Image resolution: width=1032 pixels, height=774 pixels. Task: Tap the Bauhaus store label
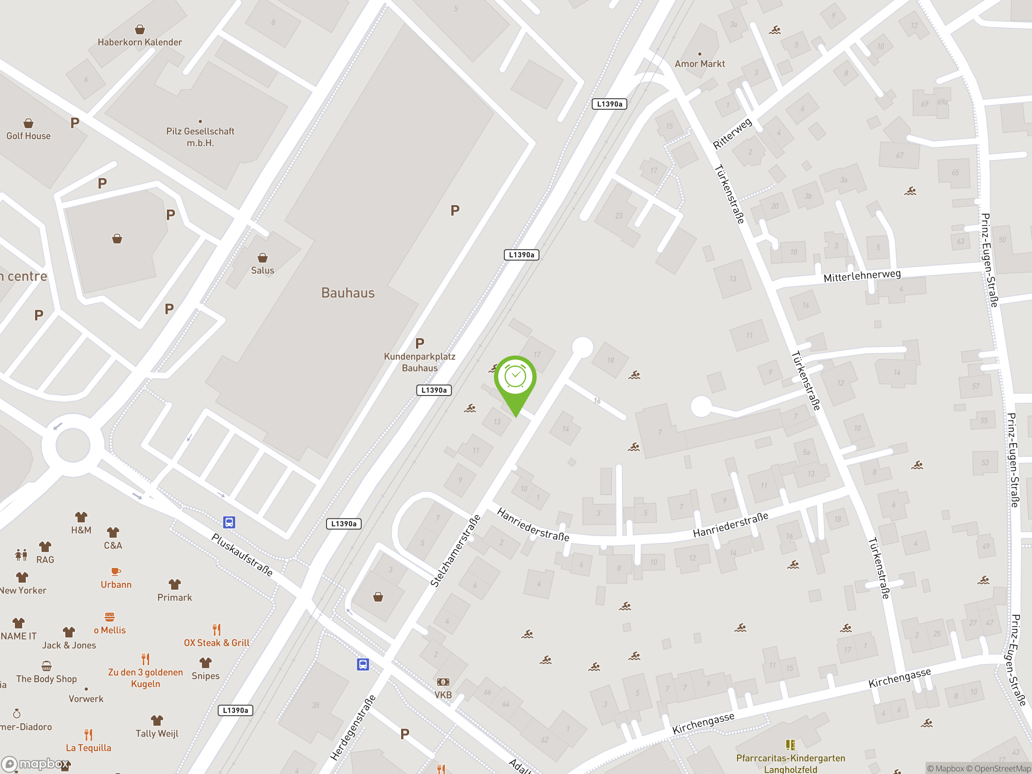click(x=347, y=293)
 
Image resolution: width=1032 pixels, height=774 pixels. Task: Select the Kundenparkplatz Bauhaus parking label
click(x=419, y=362)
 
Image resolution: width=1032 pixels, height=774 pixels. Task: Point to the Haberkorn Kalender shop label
click(x=139, y=42)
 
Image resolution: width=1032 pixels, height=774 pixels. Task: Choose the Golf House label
click(x=29, y=136)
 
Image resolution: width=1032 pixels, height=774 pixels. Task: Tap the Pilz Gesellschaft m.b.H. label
click(x=200, y=137)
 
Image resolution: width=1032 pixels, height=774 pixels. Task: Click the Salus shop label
click(x=263, y=270)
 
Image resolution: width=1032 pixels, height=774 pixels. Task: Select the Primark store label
click(x=175, y=597)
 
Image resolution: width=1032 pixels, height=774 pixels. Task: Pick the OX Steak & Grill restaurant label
click(x=216, y=643)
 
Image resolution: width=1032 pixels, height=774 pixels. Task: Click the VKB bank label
click(x=443, y=694)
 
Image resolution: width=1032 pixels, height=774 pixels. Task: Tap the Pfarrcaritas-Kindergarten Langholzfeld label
click(x=791, y=763)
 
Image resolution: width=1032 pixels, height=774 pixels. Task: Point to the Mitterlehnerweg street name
click(x=862, y=276)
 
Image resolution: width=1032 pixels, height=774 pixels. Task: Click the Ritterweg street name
click(x=732, y=133)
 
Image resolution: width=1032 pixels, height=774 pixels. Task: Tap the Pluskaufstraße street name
click(x=241, y=554)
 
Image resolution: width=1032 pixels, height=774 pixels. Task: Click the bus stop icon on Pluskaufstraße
click(x=229, y=522)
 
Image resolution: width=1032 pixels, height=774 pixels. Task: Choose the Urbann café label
click(x=116, y=584)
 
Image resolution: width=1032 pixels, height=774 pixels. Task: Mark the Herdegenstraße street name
click(x=353, y=727)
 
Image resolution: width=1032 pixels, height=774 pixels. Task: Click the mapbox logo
click(x=36, y=764)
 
